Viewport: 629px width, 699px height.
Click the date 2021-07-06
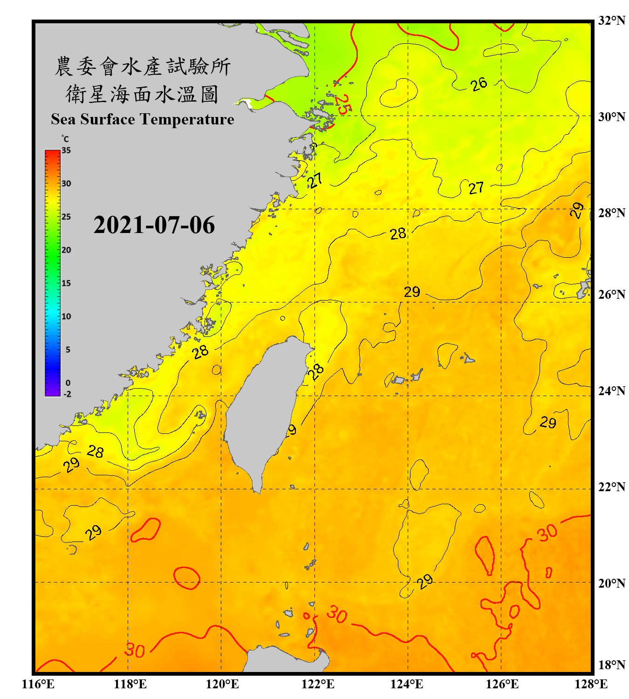(x=154, y=225)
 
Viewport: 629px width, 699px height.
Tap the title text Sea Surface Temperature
(x=143, y=119)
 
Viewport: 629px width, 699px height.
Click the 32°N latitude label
(x=611, y=21)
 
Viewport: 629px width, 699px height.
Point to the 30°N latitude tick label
(x=611, y=117)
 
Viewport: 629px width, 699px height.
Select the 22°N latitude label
(x=611, y=487)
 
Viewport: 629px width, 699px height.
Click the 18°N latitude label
(x=611, y=665)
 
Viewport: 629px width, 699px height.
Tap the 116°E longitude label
(x=38, y=684)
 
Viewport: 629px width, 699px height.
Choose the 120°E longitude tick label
(x=222, y=684)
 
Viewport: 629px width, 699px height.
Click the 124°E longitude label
(x=407, y=684)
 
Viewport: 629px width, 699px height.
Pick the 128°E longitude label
(x=591, y=684)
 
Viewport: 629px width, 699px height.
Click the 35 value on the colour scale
(x=66, y=151)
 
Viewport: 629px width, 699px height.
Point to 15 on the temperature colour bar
(x=66, y=283)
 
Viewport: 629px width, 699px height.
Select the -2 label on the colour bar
(x=67, y=394)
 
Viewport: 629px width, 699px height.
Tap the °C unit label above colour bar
(x=65, y=139)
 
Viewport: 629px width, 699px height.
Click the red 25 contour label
(x=342, y=104)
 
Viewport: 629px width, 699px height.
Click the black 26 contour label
(x=479, y=84)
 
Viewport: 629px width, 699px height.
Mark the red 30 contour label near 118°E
(x=135, y=651)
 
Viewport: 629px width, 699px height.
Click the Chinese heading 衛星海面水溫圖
(x=142, y=94)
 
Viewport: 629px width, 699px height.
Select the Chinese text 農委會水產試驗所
(x=143, y=67)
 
